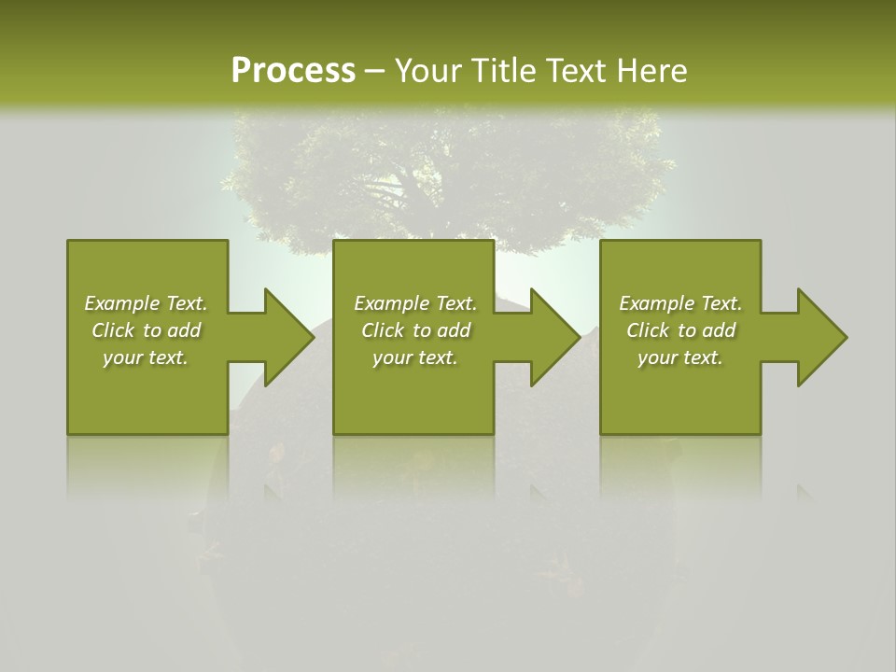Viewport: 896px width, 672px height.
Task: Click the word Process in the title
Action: (x=293, y=71)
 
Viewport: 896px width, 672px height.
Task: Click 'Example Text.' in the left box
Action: (x=146, y=303)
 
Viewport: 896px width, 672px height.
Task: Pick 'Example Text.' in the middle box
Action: (x=415, y=303)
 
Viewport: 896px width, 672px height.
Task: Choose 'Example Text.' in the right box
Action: (x=680, y=303)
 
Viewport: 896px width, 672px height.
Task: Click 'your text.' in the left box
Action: (x=146, y=357)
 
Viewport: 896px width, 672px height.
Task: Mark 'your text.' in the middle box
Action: (x=415, y=357)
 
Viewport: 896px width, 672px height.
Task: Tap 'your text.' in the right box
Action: (x=680, y=357)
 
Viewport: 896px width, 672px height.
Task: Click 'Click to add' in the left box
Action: (x=146, y=330)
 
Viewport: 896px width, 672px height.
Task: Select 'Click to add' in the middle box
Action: (x=415, y=330)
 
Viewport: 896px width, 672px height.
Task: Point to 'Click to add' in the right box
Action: (x=680, y=330)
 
